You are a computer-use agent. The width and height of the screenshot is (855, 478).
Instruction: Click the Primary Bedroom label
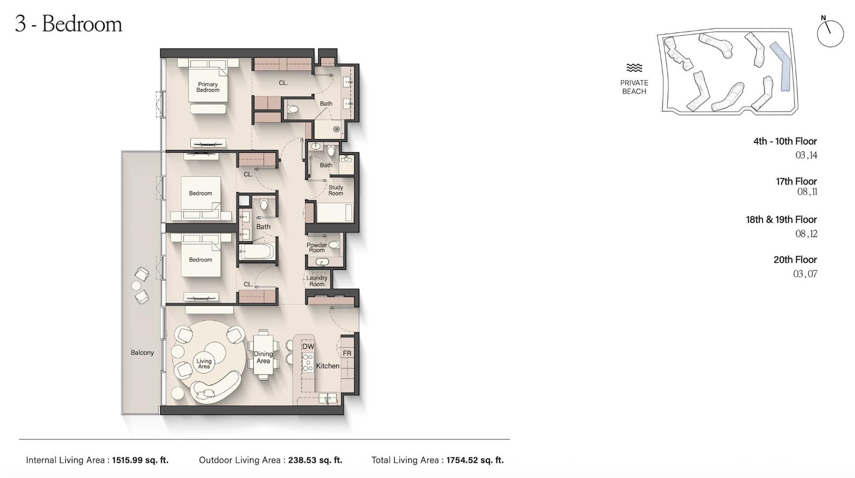(208, 87)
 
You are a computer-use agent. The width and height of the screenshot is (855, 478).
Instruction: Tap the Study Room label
(336, 190)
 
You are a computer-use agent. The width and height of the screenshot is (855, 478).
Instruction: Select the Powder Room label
(316, 248)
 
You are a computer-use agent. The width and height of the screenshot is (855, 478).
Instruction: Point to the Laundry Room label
(316, 281)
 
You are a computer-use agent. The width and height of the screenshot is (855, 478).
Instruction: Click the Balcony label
(142, 352)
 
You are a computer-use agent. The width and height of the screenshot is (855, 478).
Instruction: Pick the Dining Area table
(263, 355)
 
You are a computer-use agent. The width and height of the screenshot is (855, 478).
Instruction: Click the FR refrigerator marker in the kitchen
(347, 354)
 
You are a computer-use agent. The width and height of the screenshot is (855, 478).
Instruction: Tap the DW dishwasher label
(308, 347)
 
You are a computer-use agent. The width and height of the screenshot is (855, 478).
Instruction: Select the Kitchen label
(328, 366)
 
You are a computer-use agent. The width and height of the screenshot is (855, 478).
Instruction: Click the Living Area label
(204, 364)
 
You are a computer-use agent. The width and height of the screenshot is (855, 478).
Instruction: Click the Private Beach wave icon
(634, 68)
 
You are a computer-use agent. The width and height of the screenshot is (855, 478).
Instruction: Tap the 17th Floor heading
(796, 182)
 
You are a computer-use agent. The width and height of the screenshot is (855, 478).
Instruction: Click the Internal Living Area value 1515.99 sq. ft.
(140, 460)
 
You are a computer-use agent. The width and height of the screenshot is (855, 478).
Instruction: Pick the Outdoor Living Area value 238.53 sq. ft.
(315, 460)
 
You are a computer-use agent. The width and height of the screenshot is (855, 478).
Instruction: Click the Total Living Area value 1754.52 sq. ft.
(475, 460)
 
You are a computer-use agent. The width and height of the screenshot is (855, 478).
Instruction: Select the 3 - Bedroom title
(69, 24)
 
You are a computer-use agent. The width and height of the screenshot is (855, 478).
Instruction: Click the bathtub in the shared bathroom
(256, 251)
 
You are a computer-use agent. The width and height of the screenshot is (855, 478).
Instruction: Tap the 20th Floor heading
(795, 260)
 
